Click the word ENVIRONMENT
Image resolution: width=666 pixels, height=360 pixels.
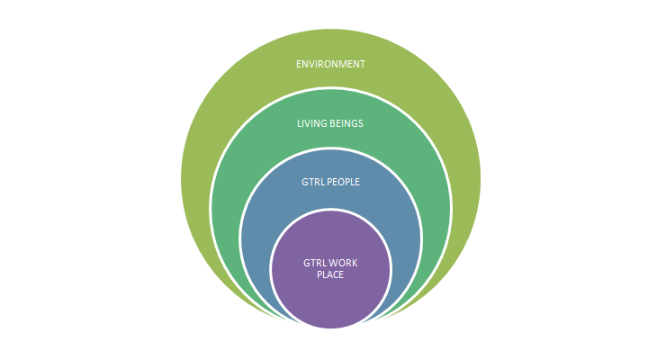click(x=330, y=64)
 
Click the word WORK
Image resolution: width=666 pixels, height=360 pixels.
click(x=343, y=263)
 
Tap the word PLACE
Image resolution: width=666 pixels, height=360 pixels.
click(x=330, y=274)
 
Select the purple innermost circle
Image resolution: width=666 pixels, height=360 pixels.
click(x=330, y=297)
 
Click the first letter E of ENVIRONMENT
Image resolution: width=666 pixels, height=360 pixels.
click(x=299, y=64)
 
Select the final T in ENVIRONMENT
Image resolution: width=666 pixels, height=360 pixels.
click(x=363, y=64)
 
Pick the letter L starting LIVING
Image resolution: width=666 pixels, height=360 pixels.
click(x=299, y=123)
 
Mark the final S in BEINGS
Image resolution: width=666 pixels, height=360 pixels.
click(x=361, y=123)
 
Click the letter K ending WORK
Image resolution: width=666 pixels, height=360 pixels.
click(x=355, y=263)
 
